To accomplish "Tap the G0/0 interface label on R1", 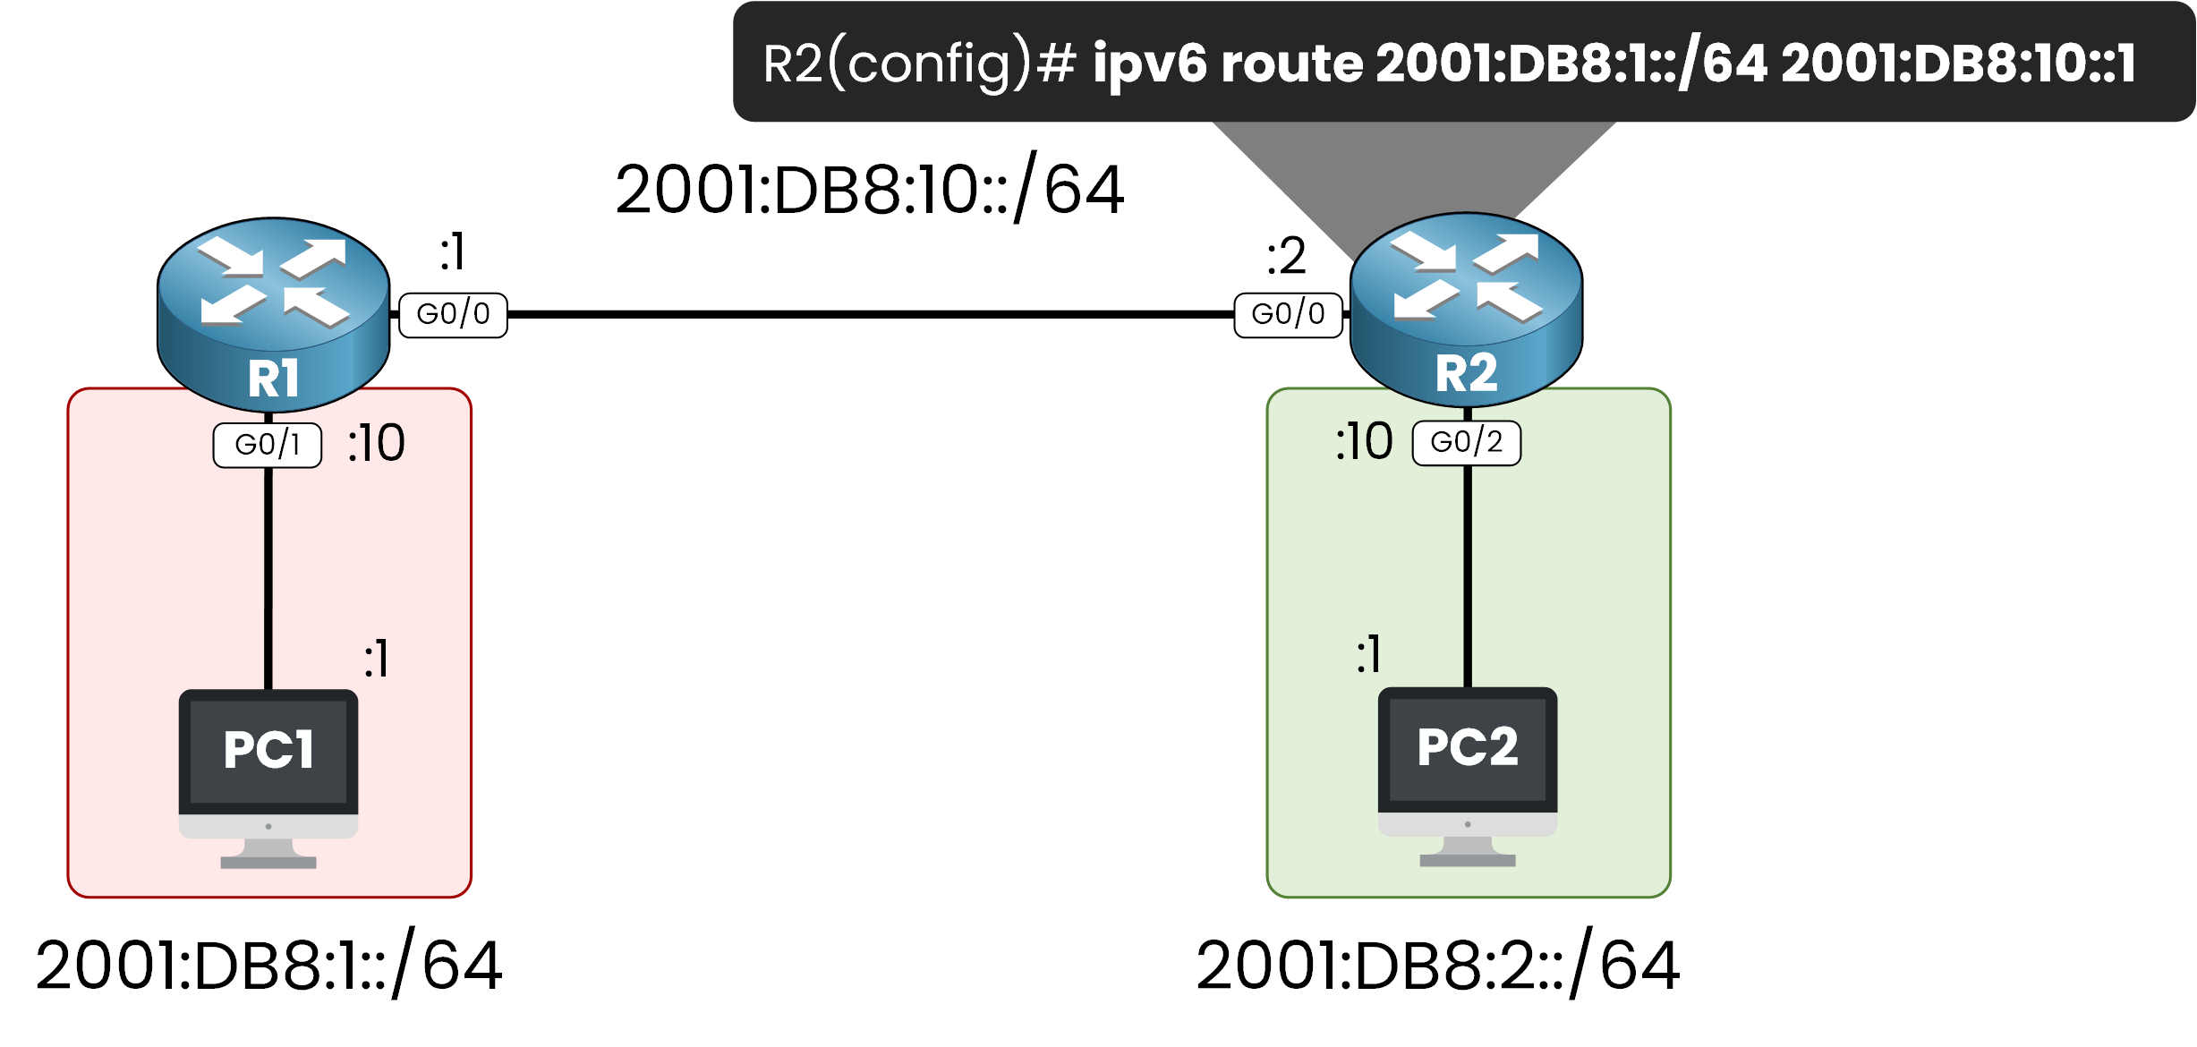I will pos(453,315).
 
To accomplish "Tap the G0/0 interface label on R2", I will pos(1288,315).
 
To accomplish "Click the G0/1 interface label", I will pos(267,445).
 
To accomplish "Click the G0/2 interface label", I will pos(1466,443).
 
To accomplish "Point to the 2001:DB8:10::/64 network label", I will pos(869,190).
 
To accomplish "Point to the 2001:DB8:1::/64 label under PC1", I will pos(268,966).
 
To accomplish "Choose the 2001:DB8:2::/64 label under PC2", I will pos(1437,966).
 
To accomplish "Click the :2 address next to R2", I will pos(1286,257).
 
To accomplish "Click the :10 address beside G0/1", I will pos(376,443).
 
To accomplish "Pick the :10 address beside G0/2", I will pos(1364,441).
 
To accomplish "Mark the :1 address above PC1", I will pos(377,660).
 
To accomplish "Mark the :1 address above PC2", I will pos(1369,654).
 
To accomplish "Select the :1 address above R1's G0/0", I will pos(453,251).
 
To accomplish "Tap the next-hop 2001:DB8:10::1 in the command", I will pos(1958,64).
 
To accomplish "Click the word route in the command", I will pos(1292,64).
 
